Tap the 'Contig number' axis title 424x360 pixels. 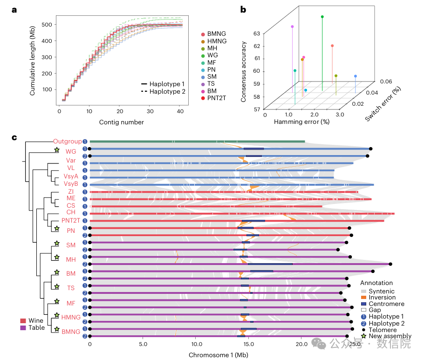(x=121, y=122)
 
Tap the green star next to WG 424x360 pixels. (x=57, y=150)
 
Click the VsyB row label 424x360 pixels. (x=72, y=184)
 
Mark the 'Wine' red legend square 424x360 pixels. (x=23, y=320)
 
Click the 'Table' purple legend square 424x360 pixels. (x=23, y=327)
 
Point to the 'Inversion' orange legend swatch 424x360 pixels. (x=364, y=298)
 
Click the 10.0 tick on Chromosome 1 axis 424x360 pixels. (x=196, y=345)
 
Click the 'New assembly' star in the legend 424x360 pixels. (x=364, y=336)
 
